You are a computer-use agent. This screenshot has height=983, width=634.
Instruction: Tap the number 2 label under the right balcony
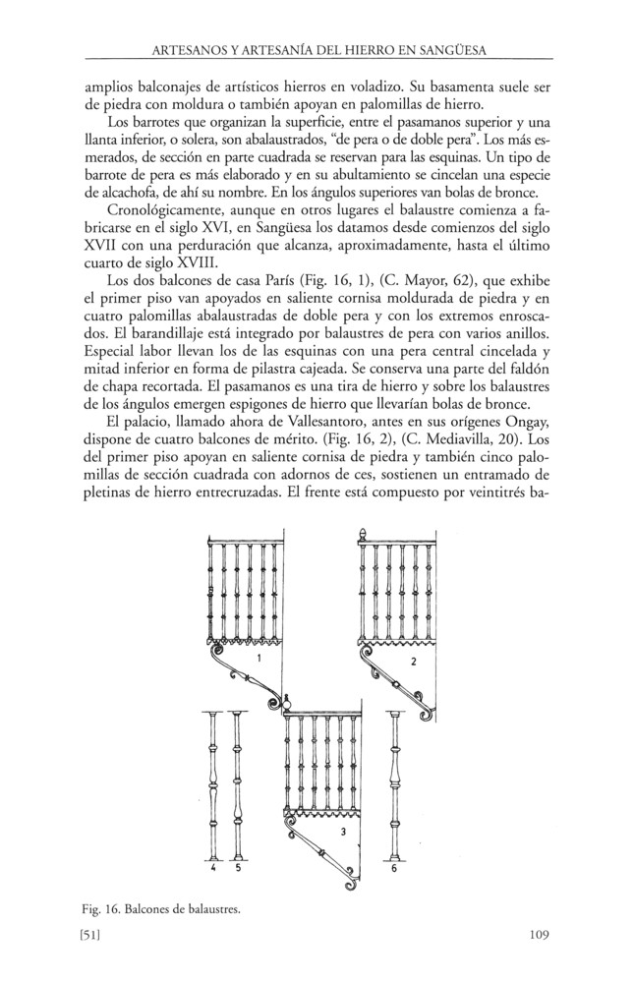[414, 662]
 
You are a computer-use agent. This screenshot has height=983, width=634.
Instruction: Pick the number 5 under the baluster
[237, 868]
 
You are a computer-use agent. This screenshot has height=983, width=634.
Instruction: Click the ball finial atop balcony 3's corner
[287, 702]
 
